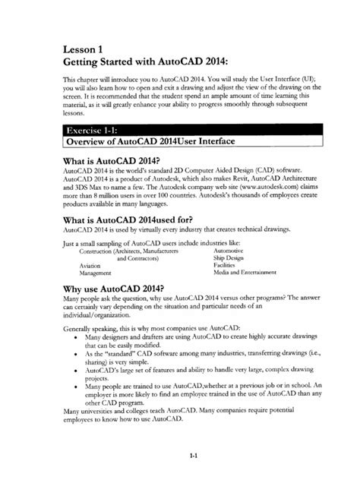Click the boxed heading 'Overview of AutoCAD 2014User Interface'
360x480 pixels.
pyautogui.click(x=148, y=141)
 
